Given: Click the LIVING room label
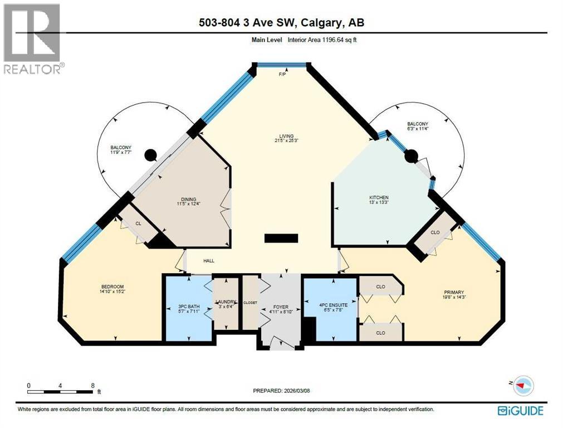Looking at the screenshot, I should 287,135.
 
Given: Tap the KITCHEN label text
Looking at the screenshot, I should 379,198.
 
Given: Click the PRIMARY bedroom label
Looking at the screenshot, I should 454,292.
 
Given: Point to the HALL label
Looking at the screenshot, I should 208,261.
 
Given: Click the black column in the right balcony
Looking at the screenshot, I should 410,157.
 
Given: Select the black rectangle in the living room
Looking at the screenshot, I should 281,239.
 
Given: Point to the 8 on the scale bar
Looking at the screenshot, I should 92,385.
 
